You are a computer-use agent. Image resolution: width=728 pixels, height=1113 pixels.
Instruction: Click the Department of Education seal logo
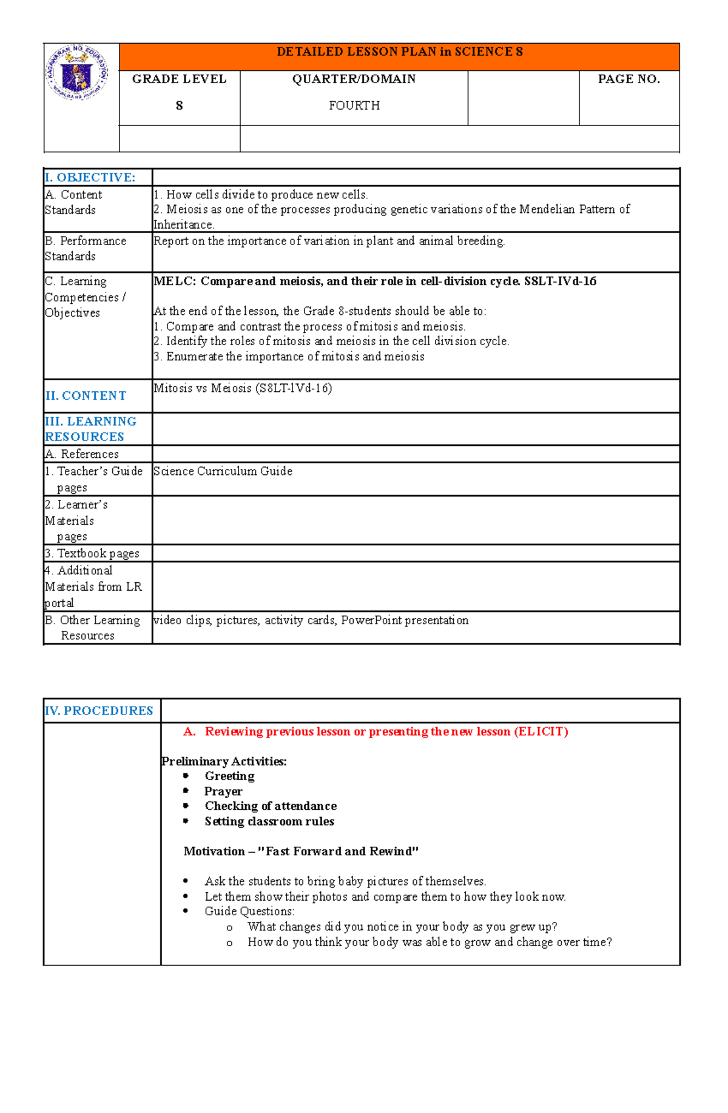coord(77,73)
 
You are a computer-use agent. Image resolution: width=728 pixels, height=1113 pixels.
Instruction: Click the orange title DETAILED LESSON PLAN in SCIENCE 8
coord(399,52)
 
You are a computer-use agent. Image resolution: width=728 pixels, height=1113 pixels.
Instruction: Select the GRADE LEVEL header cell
coord(179,79)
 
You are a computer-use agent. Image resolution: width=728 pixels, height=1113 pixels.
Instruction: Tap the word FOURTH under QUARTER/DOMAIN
coord(354,106)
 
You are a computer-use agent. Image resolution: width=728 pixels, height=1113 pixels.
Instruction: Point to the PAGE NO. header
coord(629,79)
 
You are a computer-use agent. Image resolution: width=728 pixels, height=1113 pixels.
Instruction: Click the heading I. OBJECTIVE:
coord(90,178)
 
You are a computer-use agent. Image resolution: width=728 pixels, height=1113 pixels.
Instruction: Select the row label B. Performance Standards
coord(86,249)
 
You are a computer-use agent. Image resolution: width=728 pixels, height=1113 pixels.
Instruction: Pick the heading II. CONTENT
coord(86,396)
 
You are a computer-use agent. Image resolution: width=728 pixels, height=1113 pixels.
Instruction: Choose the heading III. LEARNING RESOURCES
coord(90,429)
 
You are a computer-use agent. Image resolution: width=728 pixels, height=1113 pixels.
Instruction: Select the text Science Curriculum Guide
coord(223,471)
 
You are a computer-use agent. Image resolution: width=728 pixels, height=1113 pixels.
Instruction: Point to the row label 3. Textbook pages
coord(92,553)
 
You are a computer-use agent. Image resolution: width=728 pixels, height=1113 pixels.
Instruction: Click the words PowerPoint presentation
coord(405,620)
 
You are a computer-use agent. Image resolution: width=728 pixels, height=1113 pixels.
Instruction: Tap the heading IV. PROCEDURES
coord(99,711)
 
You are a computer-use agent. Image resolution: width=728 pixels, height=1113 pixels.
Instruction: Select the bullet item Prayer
coord(223,792)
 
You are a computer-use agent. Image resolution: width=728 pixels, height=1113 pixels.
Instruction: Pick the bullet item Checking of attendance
coord(271,806)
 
